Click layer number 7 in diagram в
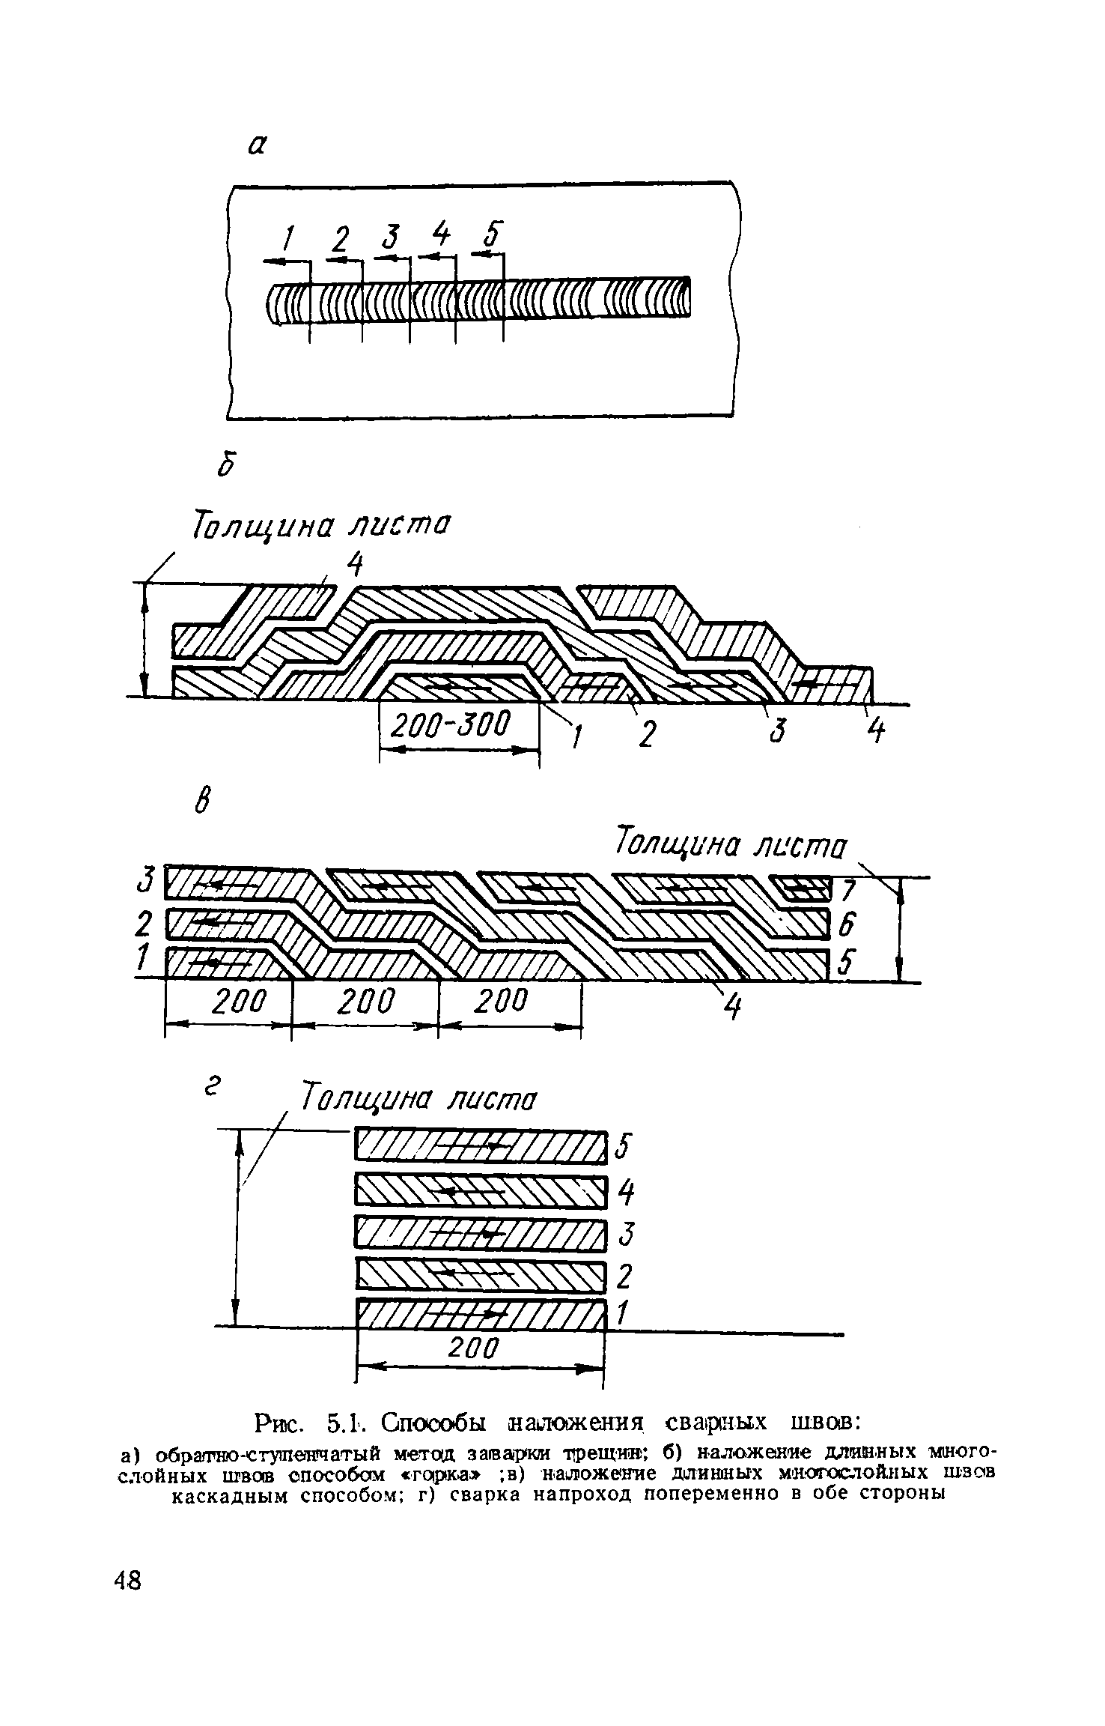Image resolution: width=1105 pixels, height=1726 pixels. click(x=848, y=891)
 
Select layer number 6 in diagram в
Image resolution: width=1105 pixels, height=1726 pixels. click(x=846, y=927)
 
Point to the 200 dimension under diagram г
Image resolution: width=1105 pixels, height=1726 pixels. click(x=473, y=1348)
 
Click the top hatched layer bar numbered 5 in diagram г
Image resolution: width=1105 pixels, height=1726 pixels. click(x=479, y=1146)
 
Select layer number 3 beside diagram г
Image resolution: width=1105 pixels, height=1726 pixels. click(x=625, y=1233)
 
